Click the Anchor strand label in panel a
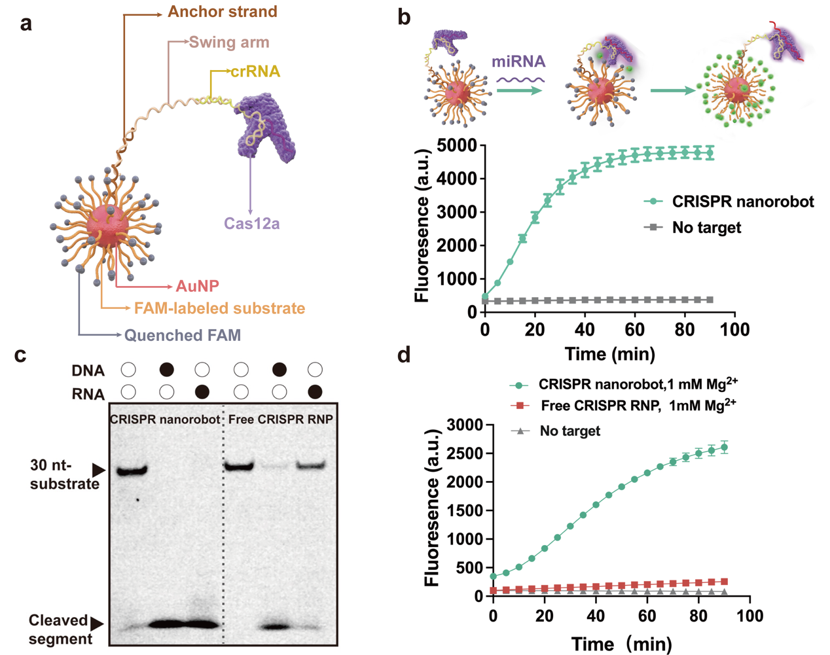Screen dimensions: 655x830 click(x=223, y=12)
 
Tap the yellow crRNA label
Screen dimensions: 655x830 click(x=255, y=71)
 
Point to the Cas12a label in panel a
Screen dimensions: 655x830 click(x=251, y=224)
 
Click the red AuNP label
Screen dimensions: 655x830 click(x=197, y=286)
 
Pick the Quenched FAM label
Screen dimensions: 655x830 click(x=183, y=335)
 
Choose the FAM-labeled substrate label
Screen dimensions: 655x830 click(x=219, y=308)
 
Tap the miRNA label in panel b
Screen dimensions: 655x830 click(x=518, y=62)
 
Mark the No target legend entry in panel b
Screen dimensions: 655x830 click(x=706, y=228)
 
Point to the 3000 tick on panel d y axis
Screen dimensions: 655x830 click(x=465, y=425)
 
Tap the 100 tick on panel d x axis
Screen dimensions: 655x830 click(x=749, y=616)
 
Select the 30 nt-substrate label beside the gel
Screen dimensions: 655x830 click(x=64, y=474)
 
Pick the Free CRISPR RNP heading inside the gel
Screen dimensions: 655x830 click(x=280, y=419)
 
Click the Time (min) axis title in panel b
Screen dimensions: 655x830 click(x=610, y=354)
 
